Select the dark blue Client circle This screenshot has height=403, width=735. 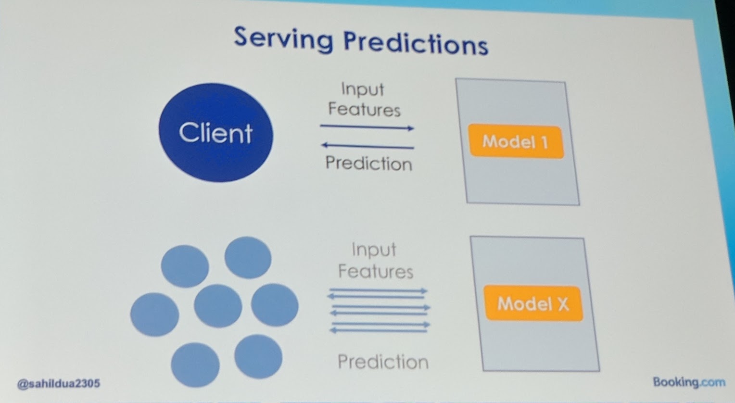click(215, 133)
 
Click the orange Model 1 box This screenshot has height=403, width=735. click(516, 141)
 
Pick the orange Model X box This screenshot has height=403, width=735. click(533, 303)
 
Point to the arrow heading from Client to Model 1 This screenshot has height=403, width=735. click(367, 127)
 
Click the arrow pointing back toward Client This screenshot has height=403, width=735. click(367, 145)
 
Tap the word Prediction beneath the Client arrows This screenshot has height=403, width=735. click(368, 164)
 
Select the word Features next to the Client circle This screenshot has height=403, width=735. click(364, 110)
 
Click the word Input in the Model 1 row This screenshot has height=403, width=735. click(362, 89)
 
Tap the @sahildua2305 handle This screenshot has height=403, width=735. click(59, 383)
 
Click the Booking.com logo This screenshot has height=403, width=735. click(689, 382)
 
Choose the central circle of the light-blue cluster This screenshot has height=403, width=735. click(218, 305)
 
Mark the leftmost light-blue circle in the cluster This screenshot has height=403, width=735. click(154, 314)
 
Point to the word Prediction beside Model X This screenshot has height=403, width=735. click(383, 362)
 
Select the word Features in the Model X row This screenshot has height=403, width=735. click(375, 272)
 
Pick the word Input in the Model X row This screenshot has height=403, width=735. click(374, 250)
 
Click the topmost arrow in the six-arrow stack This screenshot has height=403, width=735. click(378, 290)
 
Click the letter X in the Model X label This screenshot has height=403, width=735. click(562, 304)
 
